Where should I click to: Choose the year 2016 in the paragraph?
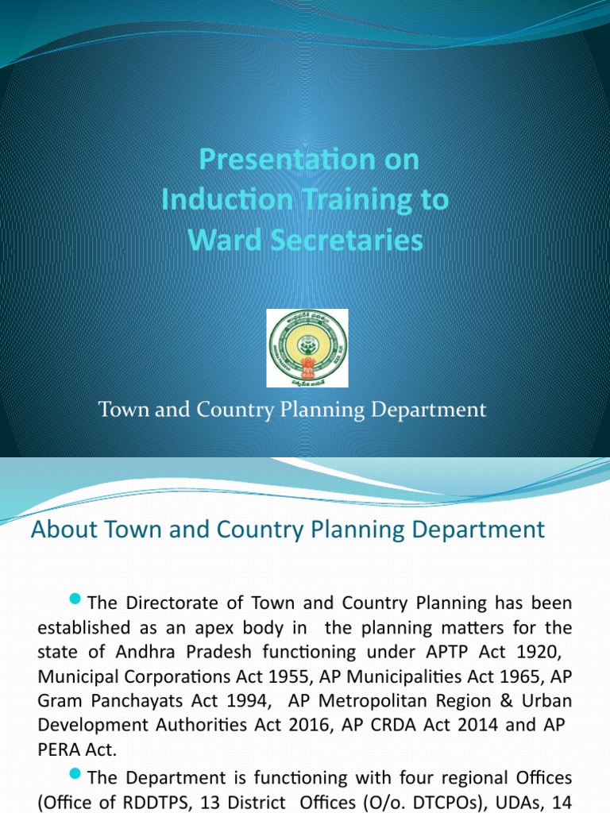pos(302,726)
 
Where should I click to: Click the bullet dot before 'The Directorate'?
pos(76,598)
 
